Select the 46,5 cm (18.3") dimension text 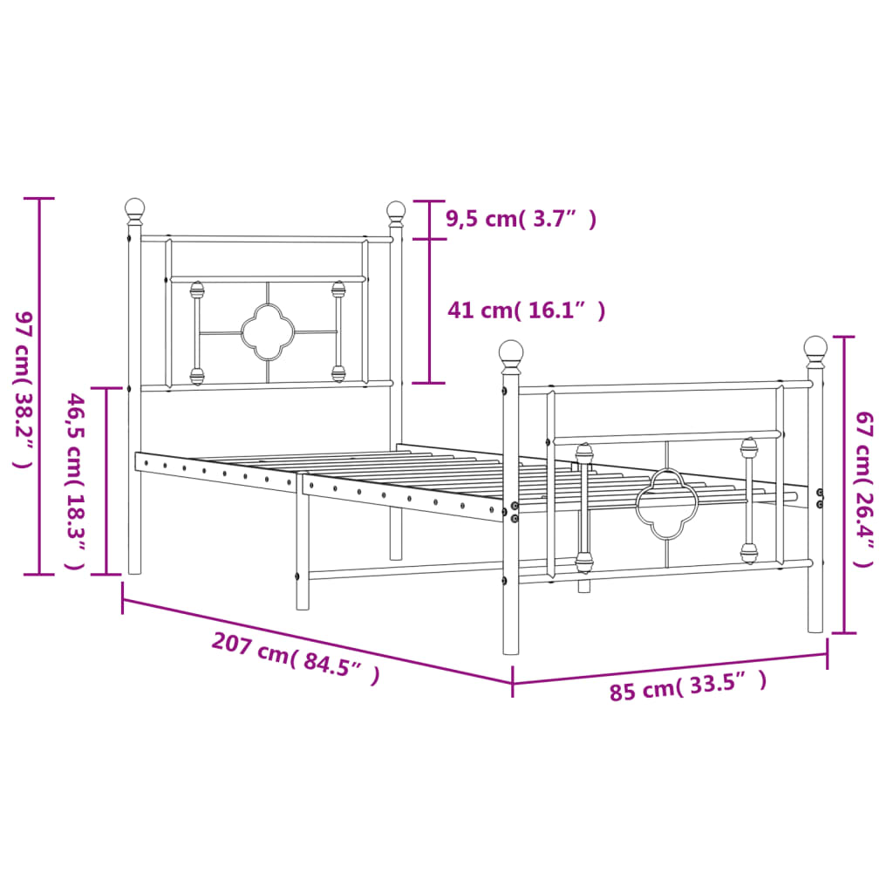point(77,481)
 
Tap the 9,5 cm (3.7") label point(521,219)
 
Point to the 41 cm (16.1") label point(526,310)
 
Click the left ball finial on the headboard point(134,208)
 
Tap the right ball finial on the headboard point(396,211)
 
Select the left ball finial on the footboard point(511,352)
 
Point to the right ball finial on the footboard point(815,348)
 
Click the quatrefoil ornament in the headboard point(267,332)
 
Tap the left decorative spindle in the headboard point(197,333)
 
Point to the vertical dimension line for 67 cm point(843,484)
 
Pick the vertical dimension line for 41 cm point(429,310)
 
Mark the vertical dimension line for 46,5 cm point(106,481)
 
